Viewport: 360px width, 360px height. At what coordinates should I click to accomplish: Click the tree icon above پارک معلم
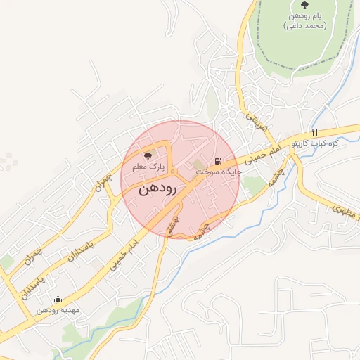tap(148, 156)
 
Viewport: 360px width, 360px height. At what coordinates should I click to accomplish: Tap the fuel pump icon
tap(226, 160)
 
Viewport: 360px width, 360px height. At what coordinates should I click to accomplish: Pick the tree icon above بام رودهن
tap(304, 5)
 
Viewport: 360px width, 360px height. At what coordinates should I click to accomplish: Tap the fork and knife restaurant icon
tap(315, 132)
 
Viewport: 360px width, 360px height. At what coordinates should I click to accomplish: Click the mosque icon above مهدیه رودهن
tap(58, 299)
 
